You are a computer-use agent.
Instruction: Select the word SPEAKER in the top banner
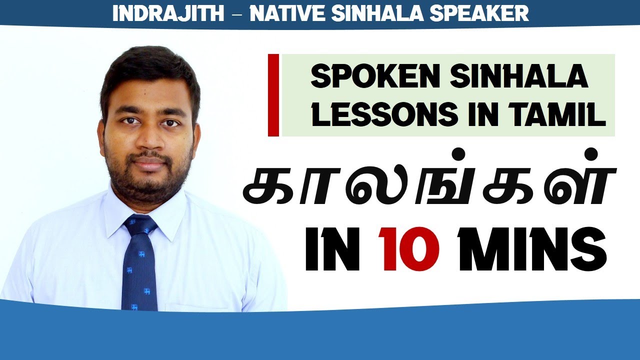(482, 13)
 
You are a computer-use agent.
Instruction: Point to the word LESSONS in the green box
(384, 115)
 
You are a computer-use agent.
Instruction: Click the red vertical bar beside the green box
(273, 95)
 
